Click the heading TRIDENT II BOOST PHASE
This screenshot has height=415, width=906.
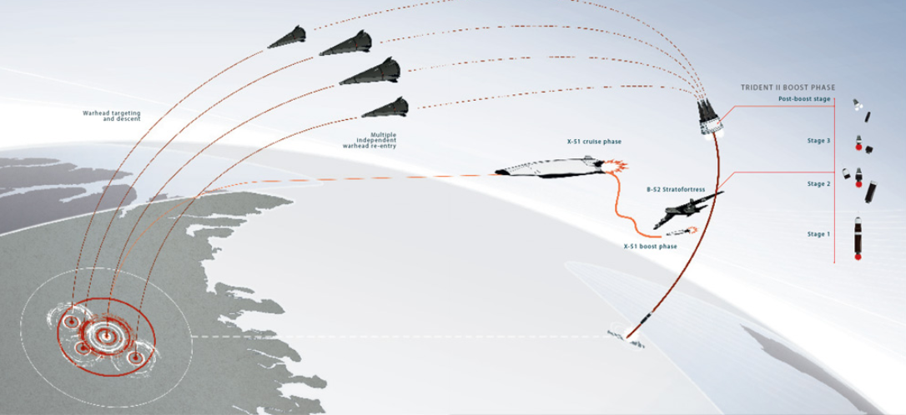(x=788, y=87)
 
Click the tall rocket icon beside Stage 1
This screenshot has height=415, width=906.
(x=858, y=237)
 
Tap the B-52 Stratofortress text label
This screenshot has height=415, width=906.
(x=676, y=189)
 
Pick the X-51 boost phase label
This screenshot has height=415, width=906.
(x=650, y=247)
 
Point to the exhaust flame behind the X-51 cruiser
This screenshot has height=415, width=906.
(x=614, y=167)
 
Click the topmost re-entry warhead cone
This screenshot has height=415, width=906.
(x=287, y=37)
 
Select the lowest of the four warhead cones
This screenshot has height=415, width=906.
(x=385, y=107)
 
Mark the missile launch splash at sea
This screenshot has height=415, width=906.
(x=626, y=338)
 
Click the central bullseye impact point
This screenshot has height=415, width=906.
(x=105, y=335)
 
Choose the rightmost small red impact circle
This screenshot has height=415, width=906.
(x=135, y=358)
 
